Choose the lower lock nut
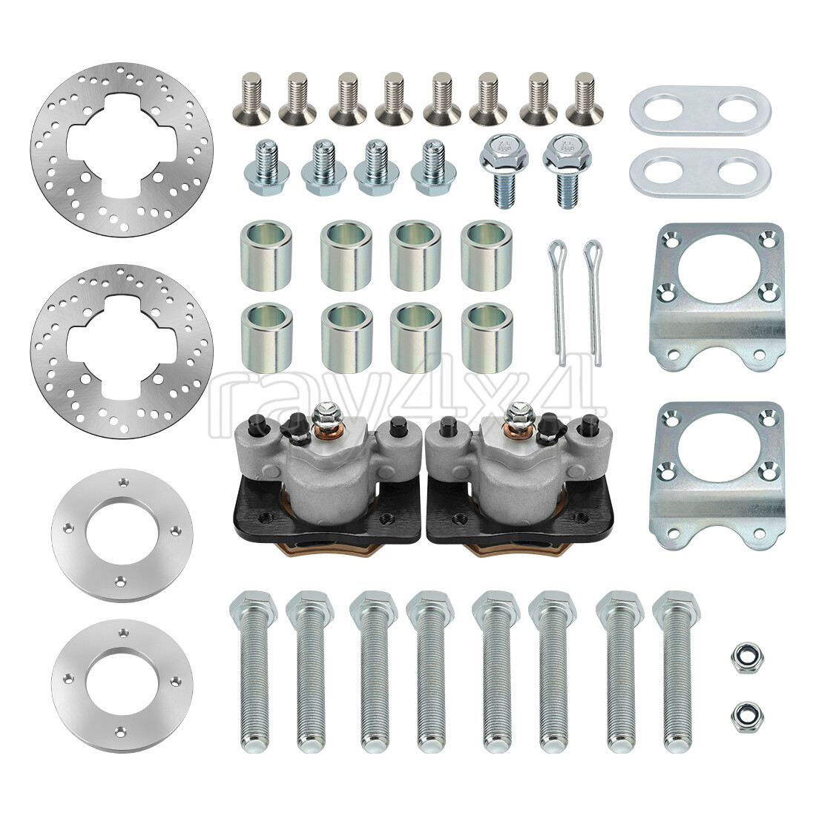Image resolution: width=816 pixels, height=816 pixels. [x=740, y=715]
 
